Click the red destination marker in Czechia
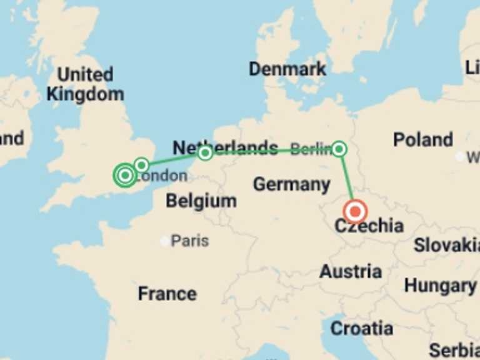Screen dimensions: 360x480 click(x=355, y=211)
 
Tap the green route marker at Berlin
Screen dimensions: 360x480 click(x=339, y=149)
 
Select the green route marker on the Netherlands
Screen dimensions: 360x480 click(x=205, y=152)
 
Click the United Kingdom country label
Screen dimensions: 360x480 click(x=85, y=84)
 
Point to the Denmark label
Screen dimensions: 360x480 click(x=287, y=69)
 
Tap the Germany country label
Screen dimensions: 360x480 click(x=291, y=184)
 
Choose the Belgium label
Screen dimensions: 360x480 click(x=201, y=201)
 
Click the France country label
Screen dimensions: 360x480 click(x=167, y=293)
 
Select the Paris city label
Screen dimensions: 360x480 click(x=190, y=241)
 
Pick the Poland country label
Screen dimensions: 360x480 click(x=422, y=139)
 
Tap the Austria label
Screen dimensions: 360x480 click(x=351, y=272)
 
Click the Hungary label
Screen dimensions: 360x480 click(x=439, y=286)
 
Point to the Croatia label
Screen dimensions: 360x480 click(x=361, y=328)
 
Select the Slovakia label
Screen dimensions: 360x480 click(x=446, y=245)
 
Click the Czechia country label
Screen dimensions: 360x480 click(x=369, y=226)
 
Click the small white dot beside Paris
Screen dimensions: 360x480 click(x=165, y=241)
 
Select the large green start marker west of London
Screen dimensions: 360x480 click(x=125, y=176)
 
